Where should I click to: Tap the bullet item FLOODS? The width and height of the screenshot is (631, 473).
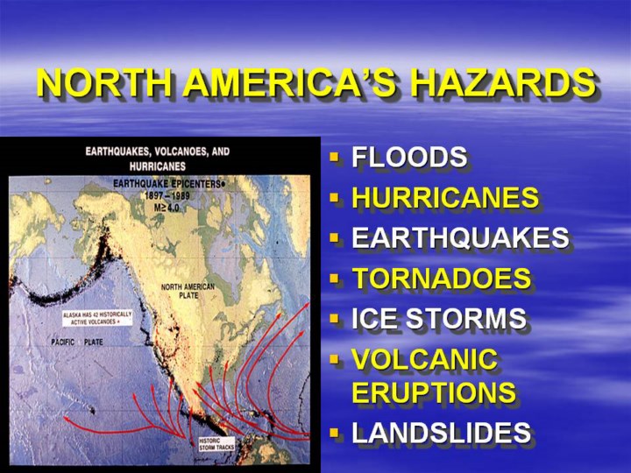coord(409,157)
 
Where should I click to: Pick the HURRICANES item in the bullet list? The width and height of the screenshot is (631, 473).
coord(445,197)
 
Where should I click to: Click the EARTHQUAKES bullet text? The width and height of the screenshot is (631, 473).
coord(460,237)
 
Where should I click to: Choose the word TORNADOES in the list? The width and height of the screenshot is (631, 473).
coord(442,278)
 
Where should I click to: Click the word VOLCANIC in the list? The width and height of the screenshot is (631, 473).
coord(425,359)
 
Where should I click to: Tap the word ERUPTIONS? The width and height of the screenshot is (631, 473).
coord(434,392)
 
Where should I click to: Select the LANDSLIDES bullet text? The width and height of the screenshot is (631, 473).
coord(442,433)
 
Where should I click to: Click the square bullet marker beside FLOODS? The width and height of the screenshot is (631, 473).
coord(334,157)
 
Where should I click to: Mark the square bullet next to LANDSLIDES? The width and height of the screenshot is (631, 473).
coord(334,433)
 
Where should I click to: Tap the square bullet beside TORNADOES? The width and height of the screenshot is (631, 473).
coord(334,278)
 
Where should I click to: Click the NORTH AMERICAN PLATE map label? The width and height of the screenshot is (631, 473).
coord(188,291)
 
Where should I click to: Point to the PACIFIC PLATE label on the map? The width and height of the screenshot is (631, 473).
coord(77,342)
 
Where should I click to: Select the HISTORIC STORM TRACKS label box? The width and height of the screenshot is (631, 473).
coord(216,444)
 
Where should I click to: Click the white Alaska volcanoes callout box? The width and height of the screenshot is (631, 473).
coord(97,318)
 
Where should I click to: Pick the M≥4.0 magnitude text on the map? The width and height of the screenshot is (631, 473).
coord(167,208)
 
